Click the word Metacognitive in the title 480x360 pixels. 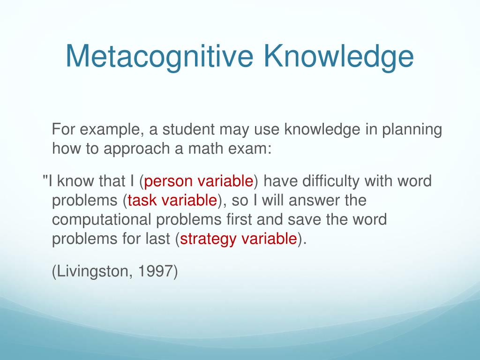coord(159,56)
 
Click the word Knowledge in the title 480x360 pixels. coord(338,56)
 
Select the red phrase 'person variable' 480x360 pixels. coord(199,181)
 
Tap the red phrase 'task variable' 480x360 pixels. coord(172,201)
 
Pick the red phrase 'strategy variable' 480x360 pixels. coord(239,239)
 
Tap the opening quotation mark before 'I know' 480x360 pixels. coord(45,179)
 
